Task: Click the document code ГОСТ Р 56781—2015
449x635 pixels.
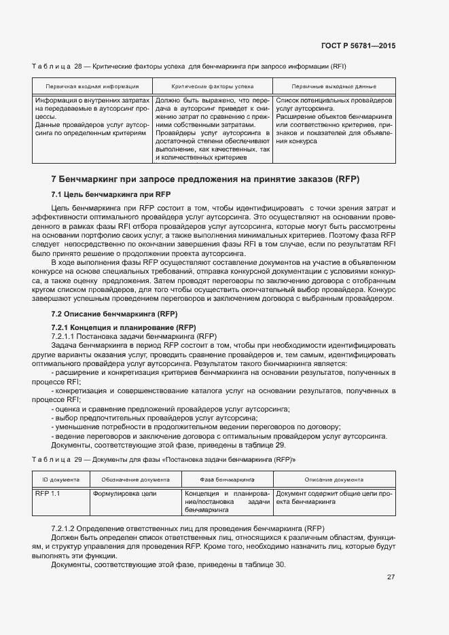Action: [359, 46]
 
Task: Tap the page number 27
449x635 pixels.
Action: [391, 577]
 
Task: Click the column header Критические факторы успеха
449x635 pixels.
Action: [213, 87]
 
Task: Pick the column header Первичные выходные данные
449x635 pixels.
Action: [334, 87]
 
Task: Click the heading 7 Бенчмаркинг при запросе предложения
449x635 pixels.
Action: [205, 179]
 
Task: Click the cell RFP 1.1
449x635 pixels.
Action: [48, 493]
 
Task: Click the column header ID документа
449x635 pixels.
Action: [61, 479]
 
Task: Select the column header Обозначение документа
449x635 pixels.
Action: [135, 479]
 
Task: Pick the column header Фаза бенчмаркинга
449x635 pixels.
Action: [227, 479]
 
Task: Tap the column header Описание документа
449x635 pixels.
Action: [334, 479]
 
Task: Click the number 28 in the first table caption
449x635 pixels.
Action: [77, 66]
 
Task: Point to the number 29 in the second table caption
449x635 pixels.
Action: [77, 460]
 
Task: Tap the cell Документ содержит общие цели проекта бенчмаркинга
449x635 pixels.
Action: [334, 498]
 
